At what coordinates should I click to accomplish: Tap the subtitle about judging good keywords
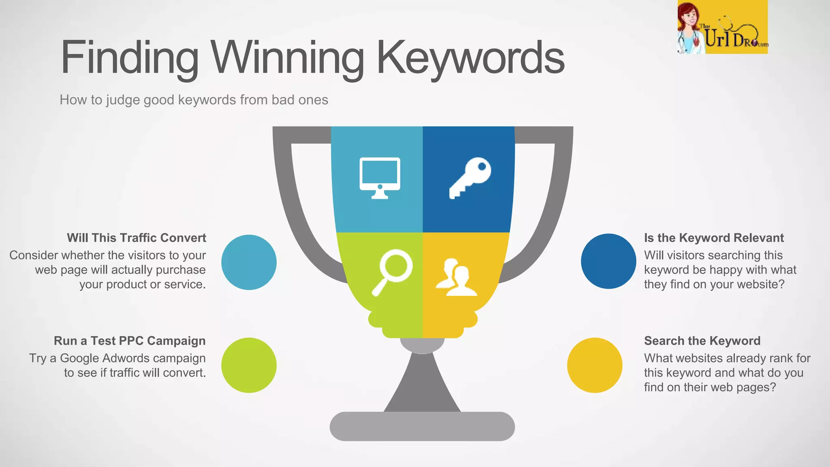194,100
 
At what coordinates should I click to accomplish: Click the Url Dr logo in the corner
722,28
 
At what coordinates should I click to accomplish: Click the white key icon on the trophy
470,178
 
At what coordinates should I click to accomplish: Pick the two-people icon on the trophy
457,277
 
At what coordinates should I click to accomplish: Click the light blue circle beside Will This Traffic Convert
249,262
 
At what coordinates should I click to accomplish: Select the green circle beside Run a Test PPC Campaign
249,365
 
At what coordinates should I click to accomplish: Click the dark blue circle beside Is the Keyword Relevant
608,261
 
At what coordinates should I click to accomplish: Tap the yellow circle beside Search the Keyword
595,365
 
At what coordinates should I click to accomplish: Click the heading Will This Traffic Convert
137,238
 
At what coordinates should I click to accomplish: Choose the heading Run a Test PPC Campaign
130,341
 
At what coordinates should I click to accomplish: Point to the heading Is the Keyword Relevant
714,238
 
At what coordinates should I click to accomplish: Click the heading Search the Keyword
702,341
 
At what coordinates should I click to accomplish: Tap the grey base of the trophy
422,426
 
